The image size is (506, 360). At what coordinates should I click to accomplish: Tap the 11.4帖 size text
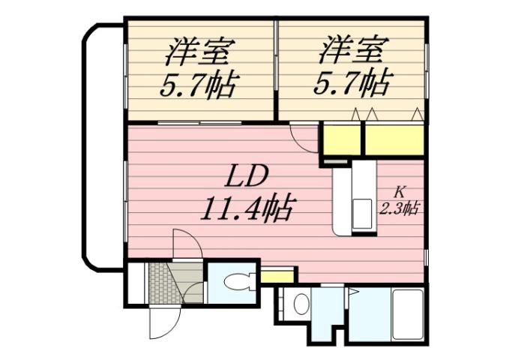(x=247, y=206)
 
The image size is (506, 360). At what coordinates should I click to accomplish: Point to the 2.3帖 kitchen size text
(x=399, y=209)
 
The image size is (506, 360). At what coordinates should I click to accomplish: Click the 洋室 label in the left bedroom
(x=199, y=53)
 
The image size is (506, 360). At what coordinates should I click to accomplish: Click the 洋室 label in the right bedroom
(x=352, y=53)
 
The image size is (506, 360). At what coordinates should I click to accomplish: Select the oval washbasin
(x=301, y=304)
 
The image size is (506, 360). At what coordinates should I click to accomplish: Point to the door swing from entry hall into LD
(x=185, y=244)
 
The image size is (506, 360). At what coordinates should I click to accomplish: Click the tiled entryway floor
(x=164, y=283)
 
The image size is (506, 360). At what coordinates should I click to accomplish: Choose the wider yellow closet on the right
(x=394, y=140)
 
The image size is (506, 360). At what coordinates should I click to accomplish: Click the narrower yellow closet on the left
(x=340, y=140)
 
